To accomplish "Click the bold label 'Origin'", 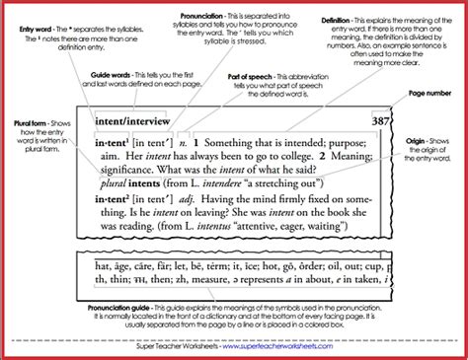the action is pyautogui.click(x=415, y=141).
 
